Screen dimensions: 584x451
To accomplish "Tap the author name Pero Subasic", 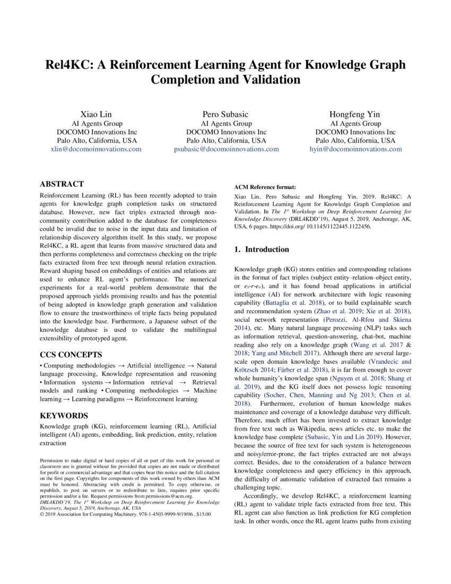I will coord(226,114).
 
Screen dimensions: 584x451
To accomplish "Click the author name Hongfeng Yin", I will coord(355,114).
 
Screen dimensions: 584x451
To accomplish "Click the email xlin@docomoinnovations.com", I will coord(97,149).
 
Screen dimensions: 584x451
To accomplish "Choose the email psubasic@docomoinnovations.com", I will coord(226,149).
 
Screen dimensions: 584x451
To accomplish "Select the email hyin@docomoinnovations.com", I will coord(355,149).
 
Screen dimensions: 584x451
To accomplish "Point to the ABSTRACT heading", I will coord(62,184).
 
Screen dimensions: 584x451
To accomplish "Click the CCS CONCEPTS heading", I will coord(72,354).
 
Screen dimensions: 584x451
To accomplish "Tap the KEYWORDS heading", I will coord(64,416).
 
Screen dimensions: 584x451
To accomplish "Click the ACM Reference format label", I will coord(265,187).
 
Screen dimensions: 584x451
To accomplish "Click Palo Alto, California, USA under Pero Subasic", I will coord(226,141).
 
